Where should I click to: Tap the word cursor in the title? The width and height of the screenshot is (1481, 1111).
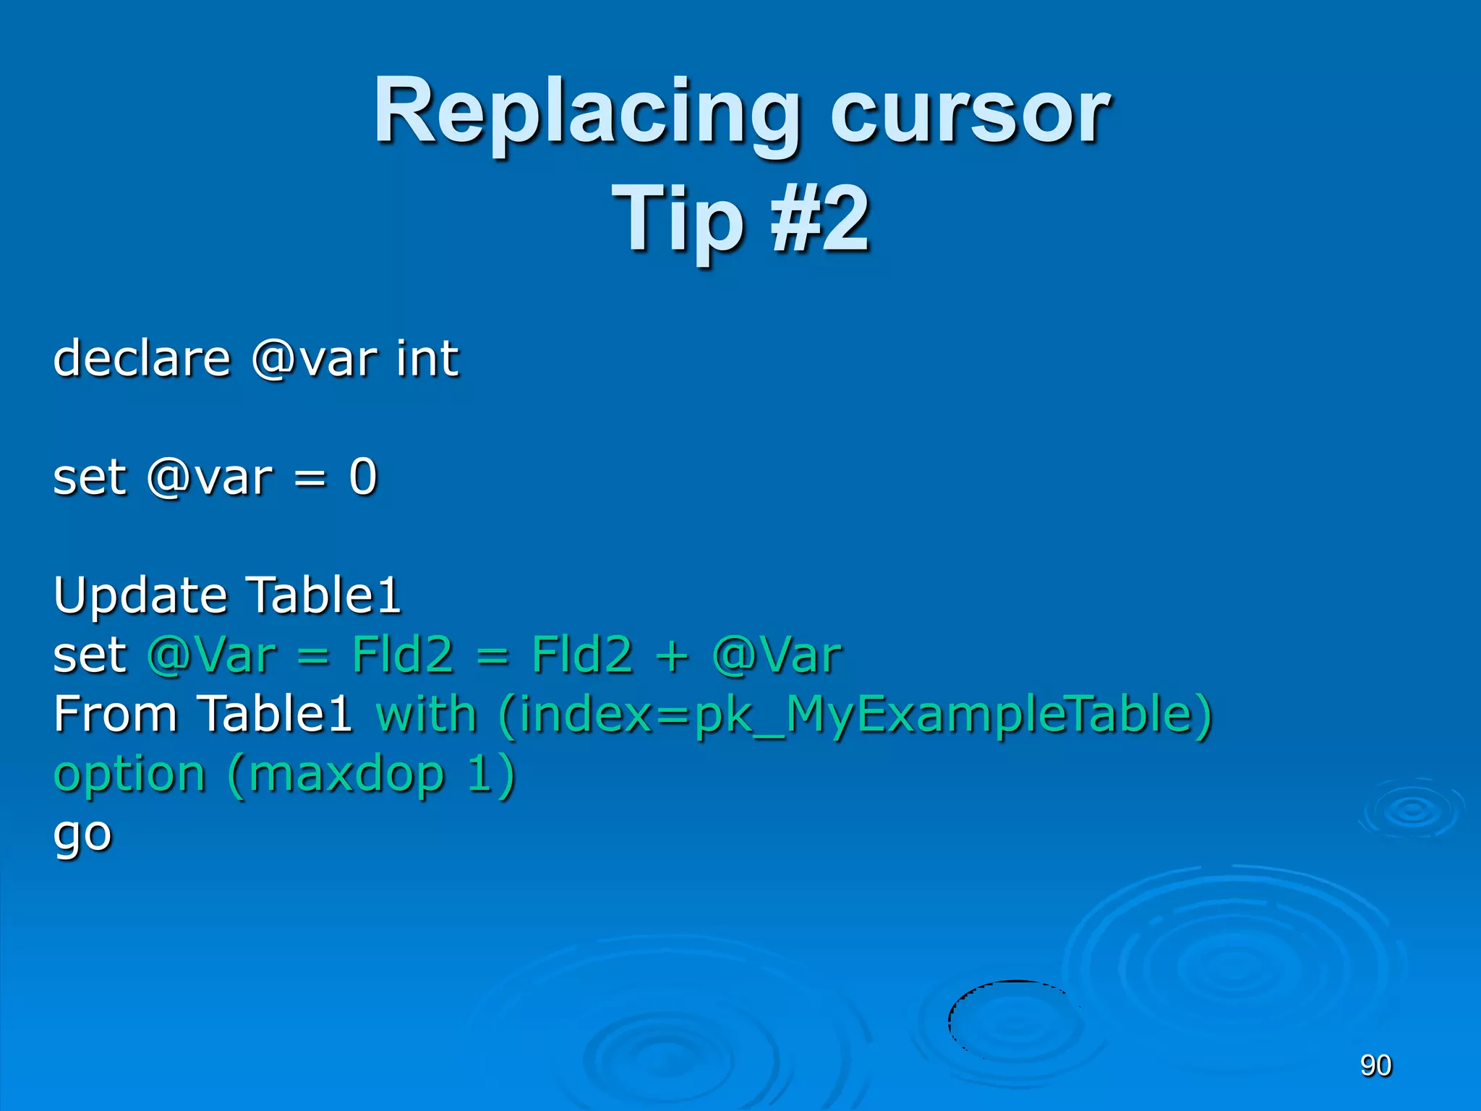coord(969,116)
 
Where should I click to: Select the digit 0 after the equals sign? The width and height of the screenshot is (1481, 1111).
coord(363,477)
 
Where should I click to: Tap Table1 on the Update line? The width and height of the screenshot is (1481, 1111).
coord(323,595)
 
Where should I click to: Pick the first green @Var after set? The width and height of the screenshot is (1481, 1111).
coord(211,655)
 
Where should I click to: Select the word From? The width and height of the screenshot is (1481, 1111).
coord(116,715)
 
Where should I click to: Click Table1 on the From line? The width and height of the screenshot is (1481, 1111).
coord(275,715)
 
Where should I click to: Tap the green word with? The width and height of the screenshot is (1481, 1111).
coord(426,715)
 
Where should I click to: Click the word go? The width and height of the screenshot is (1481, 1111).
coord(82,835)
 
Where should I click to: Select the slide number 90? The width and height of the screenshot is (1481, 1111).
coord(1375,1065)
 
